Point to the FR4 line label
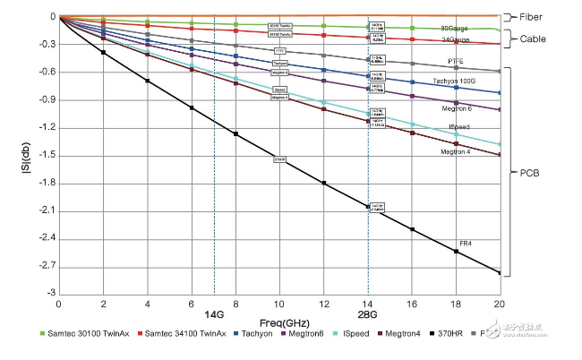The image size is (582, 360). coord(466,244)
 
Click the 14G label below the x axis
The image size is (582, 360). coord(214,315)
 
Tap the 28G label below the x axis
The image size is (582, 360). coord(369,315)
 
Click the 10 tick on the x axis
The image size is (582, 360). coord(279,304)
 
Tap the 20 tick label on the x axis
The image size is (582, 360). coord(499,304)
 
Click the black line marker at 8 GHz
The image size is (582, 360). coord(235,134)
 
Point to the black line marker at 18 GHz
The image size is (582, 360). coord(456,252)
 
